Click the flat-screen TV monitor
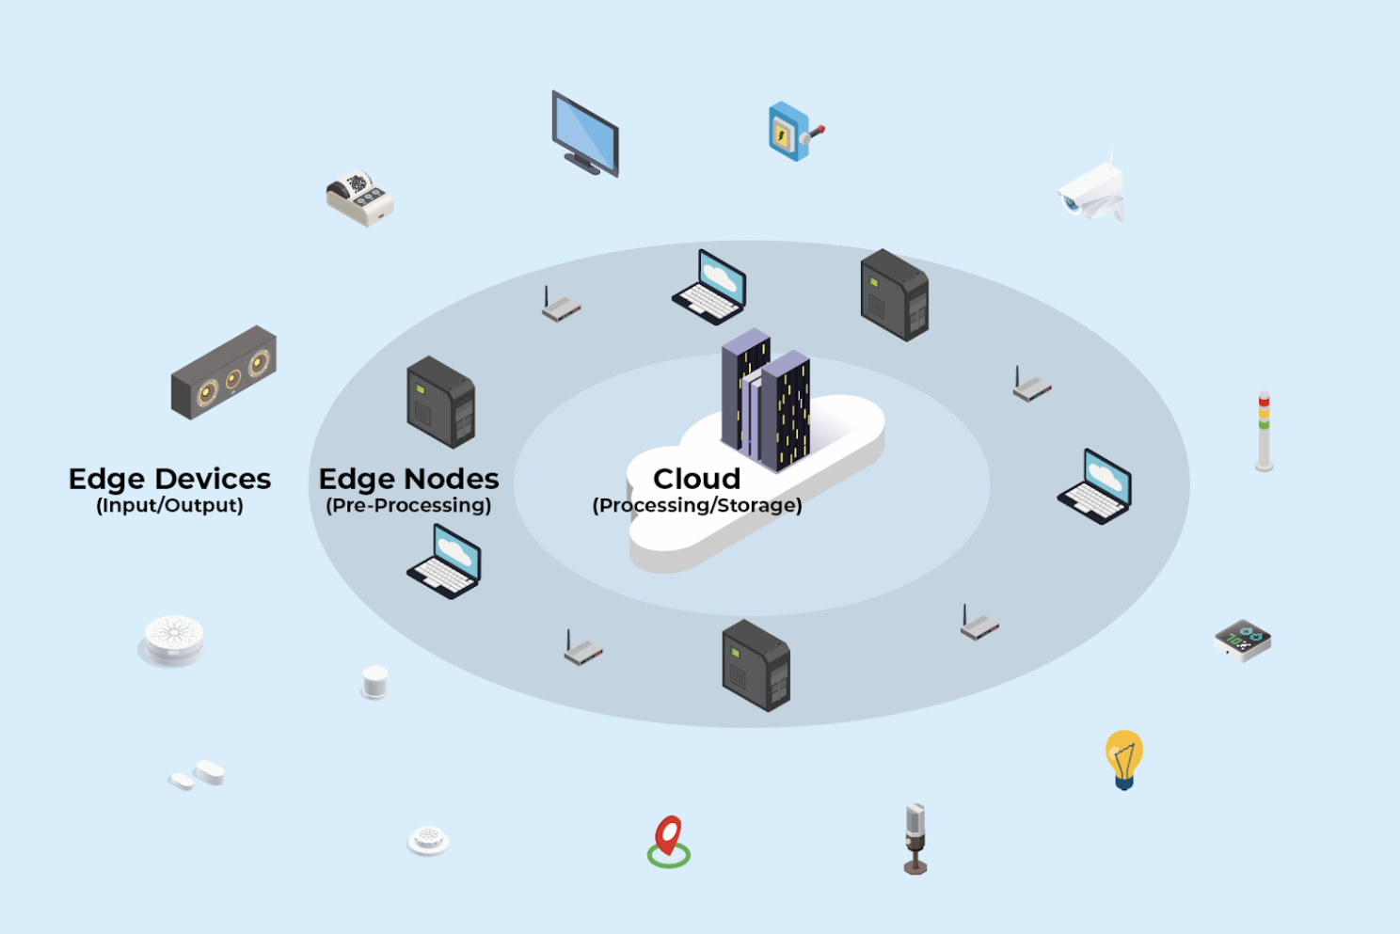pyautogui.click(x=584, y=134)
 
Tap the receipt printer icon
pyautogui.click(x=359, y=198)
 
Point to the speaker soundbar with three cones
pyautogui.click(x=224, y=373)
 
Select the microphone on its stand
pyautogui.click(x=915, y=837)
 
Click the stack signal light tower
pyautogui.click(x=1264, y=431)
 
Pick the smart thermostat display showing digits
pyautogui.click(x=1243, y=640)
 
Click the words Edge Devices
pyautogui.click(x=169, y=480)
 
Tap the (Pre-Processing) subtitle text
pyautogui.click(x=408, y=506)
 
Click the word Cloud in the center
pyautogui.click(x=697, y=479)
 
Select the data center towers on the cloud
pyautogui.click(x=765, y=399)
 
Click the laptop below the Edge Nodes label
pyautogui.click(x=445, y=562)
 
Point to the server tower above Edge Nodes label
pyautogui.click(x=440, y=402)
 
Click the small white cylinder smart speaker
pyautogui.click(x=374, y=682)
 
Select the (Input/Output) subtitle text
pyautogui.click(x=169, y=506)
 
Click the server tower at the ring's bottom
pyautogui.click(x=756, y=665)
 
